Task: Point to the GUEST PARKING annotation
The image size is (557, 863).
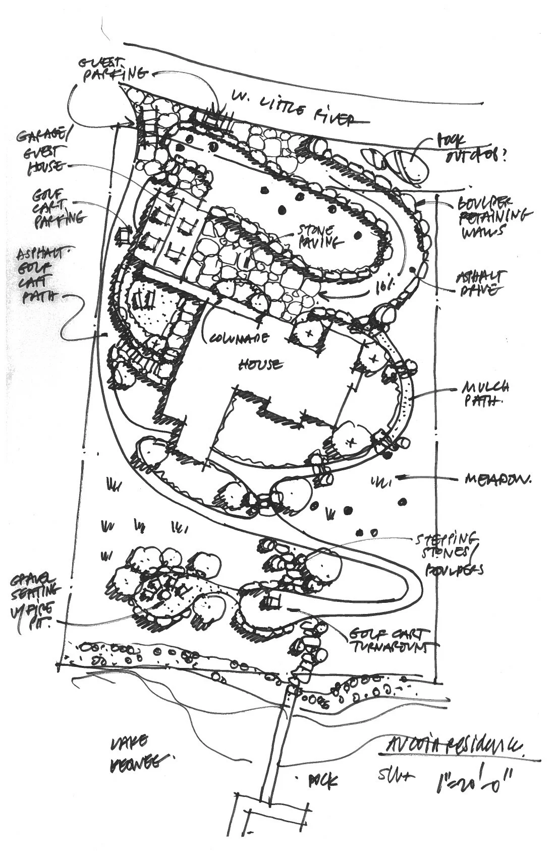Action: point(107,69)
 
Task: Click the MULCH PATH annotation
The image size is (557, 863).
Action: point(484,394)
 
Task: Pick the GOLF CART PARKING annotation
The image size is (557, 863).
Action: point(58,206)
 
